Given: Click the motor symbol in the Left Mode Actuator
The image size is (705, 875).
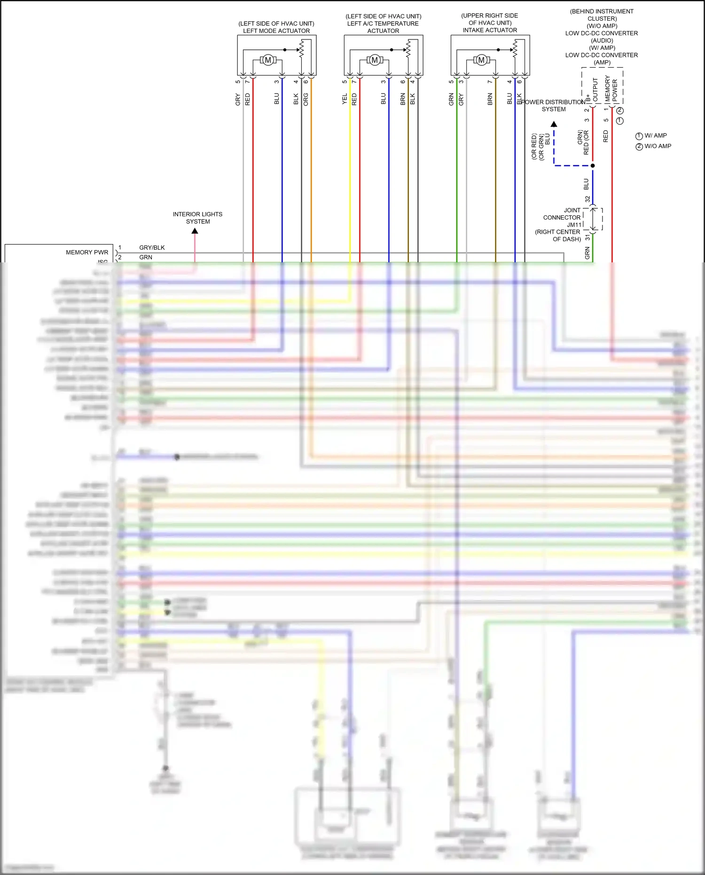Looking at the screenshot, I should (x=268, y=60).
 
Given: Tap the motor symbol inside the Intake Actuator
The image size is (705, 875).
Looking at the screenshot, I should (x=481, y=60).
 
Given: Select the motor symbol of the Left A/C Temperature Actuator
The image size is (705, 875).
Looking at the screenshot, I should (x=375, y=60).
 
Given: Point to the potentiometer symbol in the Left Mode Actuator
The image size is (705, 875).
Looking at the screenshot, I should (x=302, y=49).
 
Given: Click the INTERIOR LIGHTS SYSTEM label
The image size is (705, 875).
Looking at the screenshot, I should (x=197, y=218).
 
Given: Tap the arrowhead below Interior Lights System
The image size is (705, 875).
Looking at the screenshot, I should (x=195, y=231).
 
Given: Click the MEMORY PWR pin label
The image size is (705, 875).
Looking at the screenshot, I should (x=87, y=252).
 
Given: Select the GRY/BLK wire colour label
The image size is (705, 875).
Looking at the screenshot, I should (x=152, y=248).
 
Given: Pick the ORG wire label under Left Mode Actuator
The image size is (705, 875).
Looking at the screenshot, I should (x=306, y=99).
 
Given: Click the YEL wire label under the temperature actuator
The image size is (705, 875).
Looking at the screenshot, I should (x=345, y=99).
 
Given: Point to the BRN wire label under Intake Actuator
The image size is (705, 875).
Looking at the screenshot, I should (x=490, y=99).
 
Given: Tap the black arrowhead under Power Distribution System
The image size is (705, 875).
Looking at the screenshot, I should (x=554, y=124).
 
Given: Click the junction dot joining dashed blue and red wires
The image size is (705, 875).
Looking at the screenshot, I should (x=593, y=166).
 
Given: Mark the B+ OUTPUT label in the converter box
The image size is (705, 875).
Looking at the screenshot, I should (x=592, y=90).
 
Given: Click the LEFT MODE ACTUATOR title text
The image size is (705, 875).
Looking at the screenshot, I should (x=276, y=31).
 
